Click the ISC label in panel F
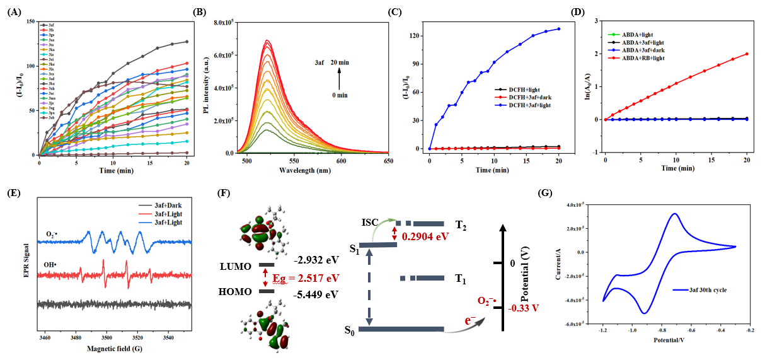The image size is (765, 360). pos(371,222)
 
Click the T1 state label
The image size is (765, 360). pos(460,278)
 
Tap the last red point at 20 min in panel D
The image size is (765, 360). pos(747,54)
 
